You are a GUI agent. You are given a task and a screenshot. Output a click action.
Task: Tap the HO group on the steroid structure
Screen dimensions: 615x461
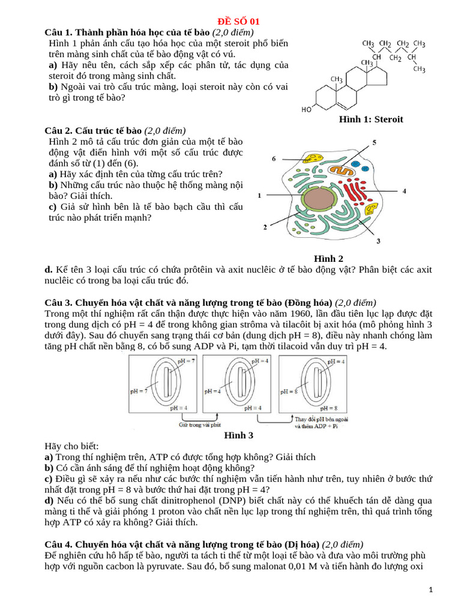(x=306, y=109)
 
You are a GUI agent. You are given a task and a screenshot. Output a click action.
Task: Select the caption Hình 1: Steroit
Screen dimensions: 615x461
(x=371, y=120)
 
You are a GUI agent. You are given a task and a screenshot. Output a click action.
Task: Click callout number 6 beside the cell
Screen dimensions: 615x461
(x=274, y=159)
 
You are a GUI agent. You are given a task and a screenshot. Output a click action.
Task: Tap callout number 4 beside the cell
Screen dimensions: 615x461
(x=404, y=191)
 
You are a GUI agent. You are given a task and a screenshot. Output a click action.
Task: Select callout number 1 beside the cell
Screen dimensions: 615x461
(x=259, y=195)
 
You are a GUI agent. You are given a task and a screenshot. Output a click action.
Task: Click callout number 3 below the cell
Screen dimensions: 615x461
(x=378, y=241)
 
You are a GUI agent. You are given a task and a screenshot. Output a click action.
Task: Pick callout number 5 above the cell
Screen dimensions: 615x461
(x=374, y=142)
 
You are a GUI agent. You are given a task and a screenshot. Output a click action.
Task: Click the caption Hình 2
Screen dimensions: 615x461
(x=328, y=259)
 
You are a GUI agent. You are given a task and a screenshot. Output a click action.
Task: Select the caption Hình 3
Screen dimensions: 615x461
(x=238, y=435)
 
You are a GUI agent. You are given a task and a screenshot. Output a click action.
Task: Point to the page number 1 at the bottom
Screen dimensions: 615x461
(x=431, y=590)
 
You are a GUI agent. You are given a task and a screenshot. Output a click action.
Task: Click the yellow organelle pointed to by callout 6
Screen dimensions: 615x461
(x=312, y=159)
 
